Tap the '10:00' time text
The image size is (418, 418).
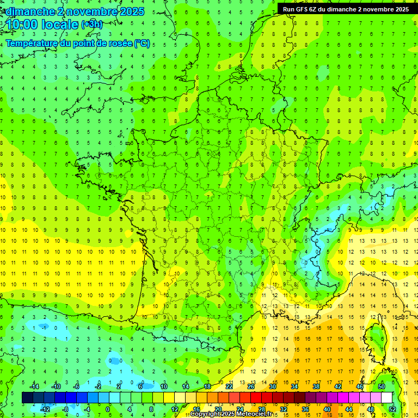[23, 24]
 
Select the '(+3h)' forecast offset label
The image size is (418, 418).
[91, 24]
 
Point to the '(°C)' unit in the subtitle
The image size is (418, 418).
[142, 44]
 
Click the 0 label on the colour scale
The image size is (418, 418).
[108, 409]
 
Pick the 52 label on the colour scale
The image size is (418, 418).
[392, 409]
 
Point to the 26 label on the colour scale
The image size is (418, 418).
[251, 386]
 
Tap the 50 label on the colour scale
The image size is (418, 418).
[382, 386]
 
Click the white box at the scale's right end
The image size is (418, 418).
[387, 397]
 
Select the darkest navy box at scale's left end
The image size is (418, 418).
[27, 397]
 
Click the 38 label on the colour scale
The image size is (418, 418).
[316, 386]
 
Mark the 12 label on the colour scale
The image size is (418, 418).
[175, 409]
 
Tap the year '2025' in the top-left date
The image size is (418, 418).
[132, 11]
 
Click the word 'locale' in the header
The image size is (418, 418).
[62, 24]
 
